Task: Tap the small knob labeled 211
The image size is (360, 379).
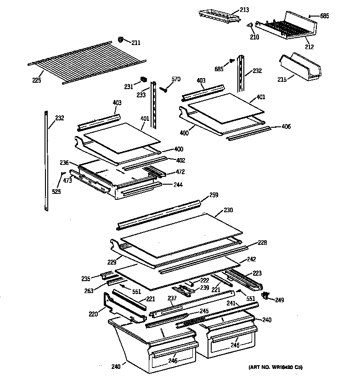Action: pyautogui.click(x=121, y=40)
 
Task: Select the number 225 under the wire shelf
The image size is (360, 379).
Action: pyautogui.click(x=37, y=80)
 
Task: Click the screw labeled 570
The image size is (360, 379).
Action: pyautogui.click(x=162, y=88)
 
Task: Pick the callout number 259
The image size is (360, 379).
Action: pyautogui.click(x=214, y=195)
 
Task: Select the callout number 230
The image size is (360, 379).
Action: pyautogui.click(x=228, y=210)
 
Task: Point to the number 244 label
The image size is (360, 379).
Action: pyautogui.click(x=177, y=185)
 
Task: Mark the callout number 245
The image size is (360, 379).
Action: pyautogui.click(x=204, y=311)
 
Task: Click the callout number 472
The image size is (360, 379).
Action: pyautogui.click(x=180, y=172)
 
